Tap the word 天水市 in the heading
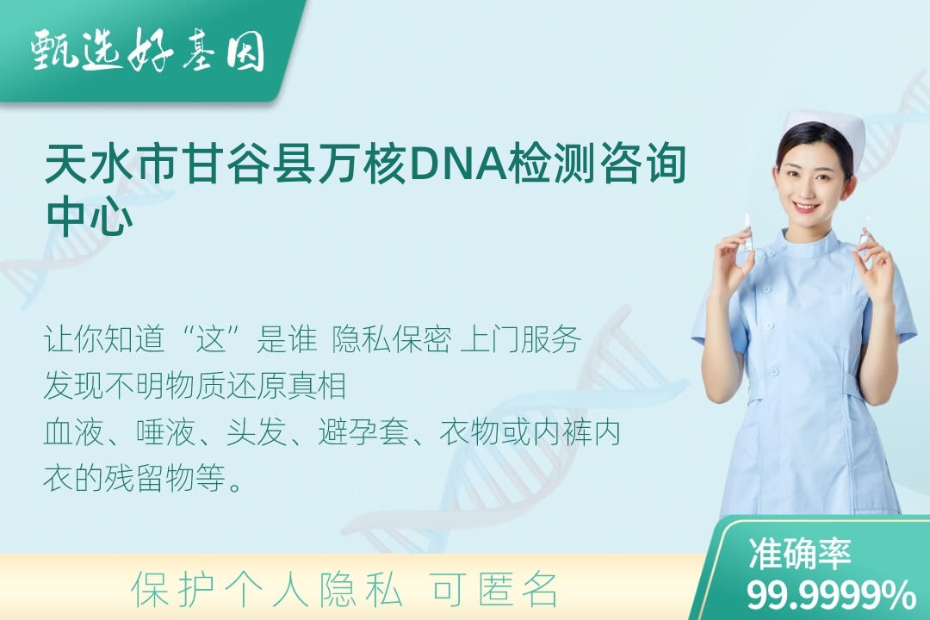click(112, 163)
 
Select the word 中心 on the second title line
click(90, 216)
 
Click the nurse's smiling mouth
click(806, 208)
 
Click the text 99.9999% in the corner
click(831, 594)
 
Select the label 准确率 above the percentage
click(800, 554)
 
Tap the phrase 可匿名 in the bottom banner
click(494, 590)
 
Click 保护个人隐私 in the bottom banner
click(267, 590)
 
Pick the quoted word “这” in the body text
click(212, 340)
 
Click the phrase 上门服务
click(521, 340)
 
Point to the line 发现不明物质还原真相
click(195, 387)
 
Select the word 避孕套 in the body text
click(363, 432)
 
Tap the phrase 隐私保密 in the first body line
click(392, 340)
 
